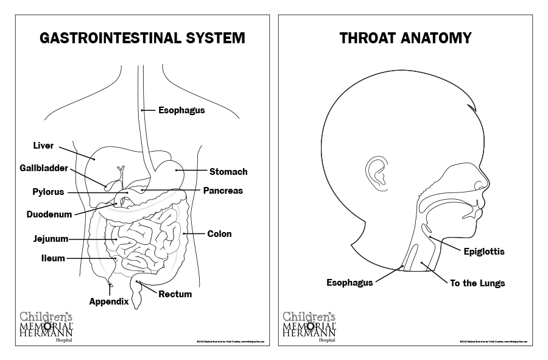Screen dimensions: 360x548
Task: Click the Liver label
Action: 43,146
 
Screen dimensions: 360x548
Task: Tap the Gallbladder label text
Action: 43,168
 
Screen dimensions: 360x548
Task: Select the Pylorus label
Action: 48,192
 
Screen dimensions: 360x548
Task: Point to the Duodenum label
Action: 49,214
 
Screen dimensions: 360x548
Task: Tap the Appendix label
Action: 109,301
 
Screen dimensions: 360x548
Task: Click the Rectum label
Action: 175,294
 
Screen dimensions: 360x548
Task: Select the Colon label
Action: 219,233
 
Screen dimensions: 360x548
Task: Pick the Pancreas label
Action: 223,191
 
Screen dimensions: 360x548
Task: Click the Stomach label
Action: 228,171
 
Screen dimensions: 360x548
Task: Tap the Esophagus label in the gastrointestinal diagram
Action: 181,110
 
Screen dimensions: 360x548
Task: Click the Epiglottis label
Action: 484,251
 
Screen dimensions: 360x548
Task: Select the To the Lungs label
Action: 477,283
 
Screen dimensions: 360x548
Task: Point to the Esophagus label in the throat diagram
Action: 350,283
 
